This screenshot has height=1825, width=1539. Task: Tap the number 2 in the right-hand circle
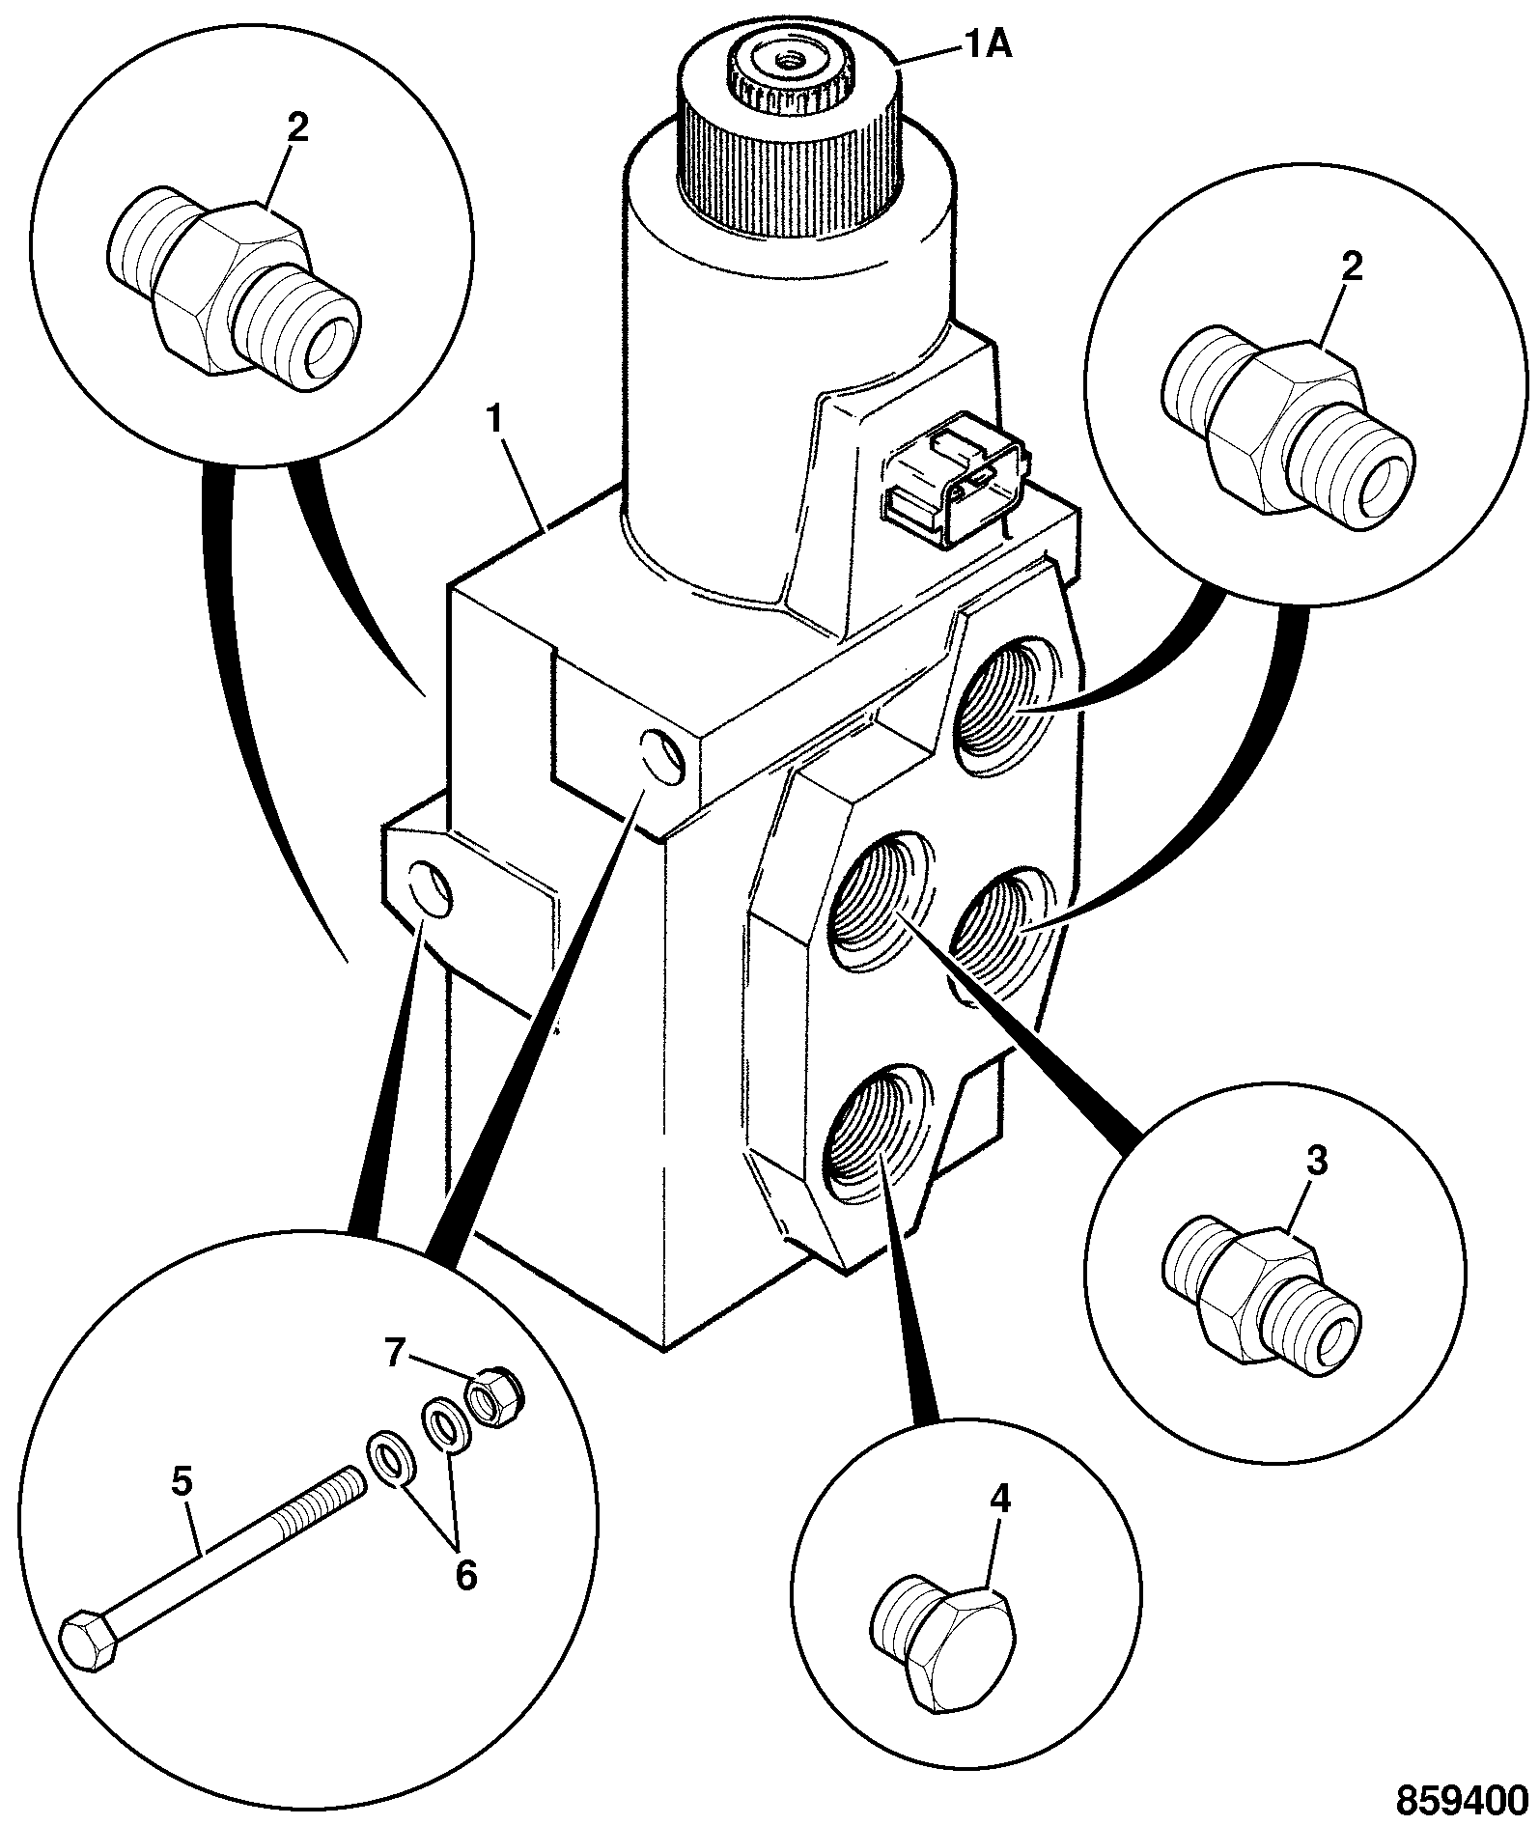tap(1352, 267)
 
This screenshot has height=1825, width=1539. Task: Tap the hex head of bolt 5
tap(89, 1639)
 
